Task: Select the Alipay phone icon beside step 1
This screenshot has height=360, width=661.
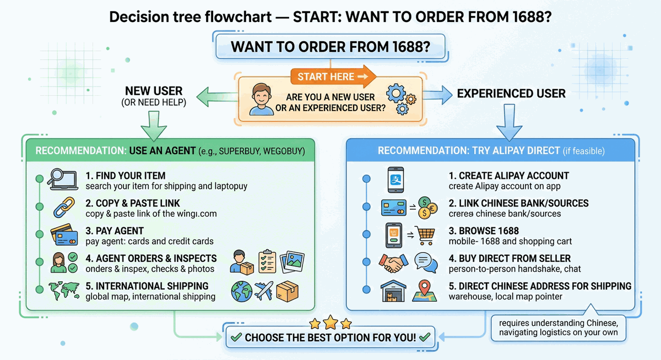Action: [x=395, y=179]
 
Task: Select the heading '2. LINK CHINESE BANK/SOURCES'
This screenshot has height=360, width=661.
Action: [x=518, y=203]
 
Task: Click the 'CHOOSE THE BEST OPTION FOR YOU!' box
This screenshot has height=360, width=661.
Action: [x=330, y=337]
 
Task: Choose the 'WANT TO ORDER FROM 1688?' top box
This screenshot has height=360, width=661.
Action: [x=330, y=47]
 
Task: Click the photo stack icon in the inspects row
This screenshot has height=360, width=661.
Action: [x=293, y=262]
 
